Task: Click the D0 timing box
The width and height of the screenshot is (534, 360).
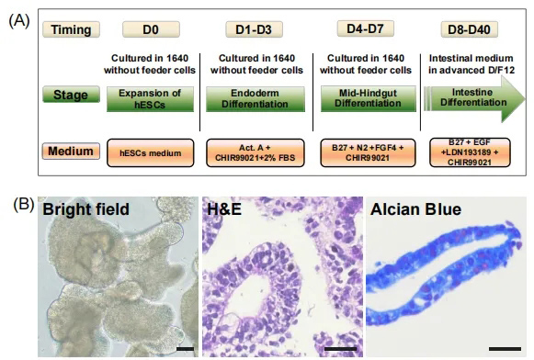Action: coord(151,29)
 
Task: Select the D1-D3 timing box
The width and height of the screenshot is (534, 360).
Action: coord(254,29)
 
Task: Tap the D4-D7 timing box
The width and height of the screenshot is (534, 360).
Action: coord(366,28)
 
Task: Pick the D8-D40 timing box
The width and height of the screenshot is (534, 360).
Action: coord(469,29)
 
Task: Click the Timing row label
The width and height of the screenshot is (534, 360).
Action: coord(71,29)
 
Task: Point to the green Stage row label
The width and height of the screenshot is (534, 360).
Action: coord(71,95)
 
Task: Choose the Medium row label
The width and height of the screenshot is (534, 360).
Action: coord(71,152)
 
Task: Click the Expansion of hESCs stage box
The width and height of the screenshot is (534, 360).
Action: coord(150,99)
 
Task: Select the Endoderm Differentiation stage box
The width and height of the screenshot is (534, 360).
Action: coord(256,99)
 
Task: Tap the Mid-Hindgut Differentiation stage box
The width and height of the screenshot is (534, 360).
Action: coord(369,99)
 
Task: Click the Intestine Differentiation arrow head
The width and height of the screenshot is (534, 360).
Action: coord(513,99)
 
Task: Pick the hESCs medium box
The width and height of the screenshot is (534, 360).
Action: coord(150,152)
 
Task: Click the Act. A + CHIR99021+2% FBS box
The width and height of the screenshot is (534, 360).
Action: coord(256,152)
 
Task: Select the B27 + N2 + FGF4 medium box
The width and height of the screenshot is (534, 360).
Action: coord(368,152)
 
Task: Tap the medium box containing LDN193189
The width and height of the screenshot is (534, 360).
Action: coord(470,152)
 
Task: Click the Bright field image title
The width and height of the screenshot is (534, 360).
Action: coord(85,208)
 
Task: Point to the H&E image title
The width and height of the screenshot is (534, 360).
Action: coord(224,208)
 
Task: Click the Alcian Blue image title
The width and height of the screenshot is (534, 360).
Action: coord(415,208)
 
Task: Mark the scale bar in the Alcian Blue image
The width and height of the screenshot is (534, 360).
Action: coord(505,349)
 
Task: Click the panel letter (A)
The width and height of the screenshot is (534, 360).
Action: coord(19,21)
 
